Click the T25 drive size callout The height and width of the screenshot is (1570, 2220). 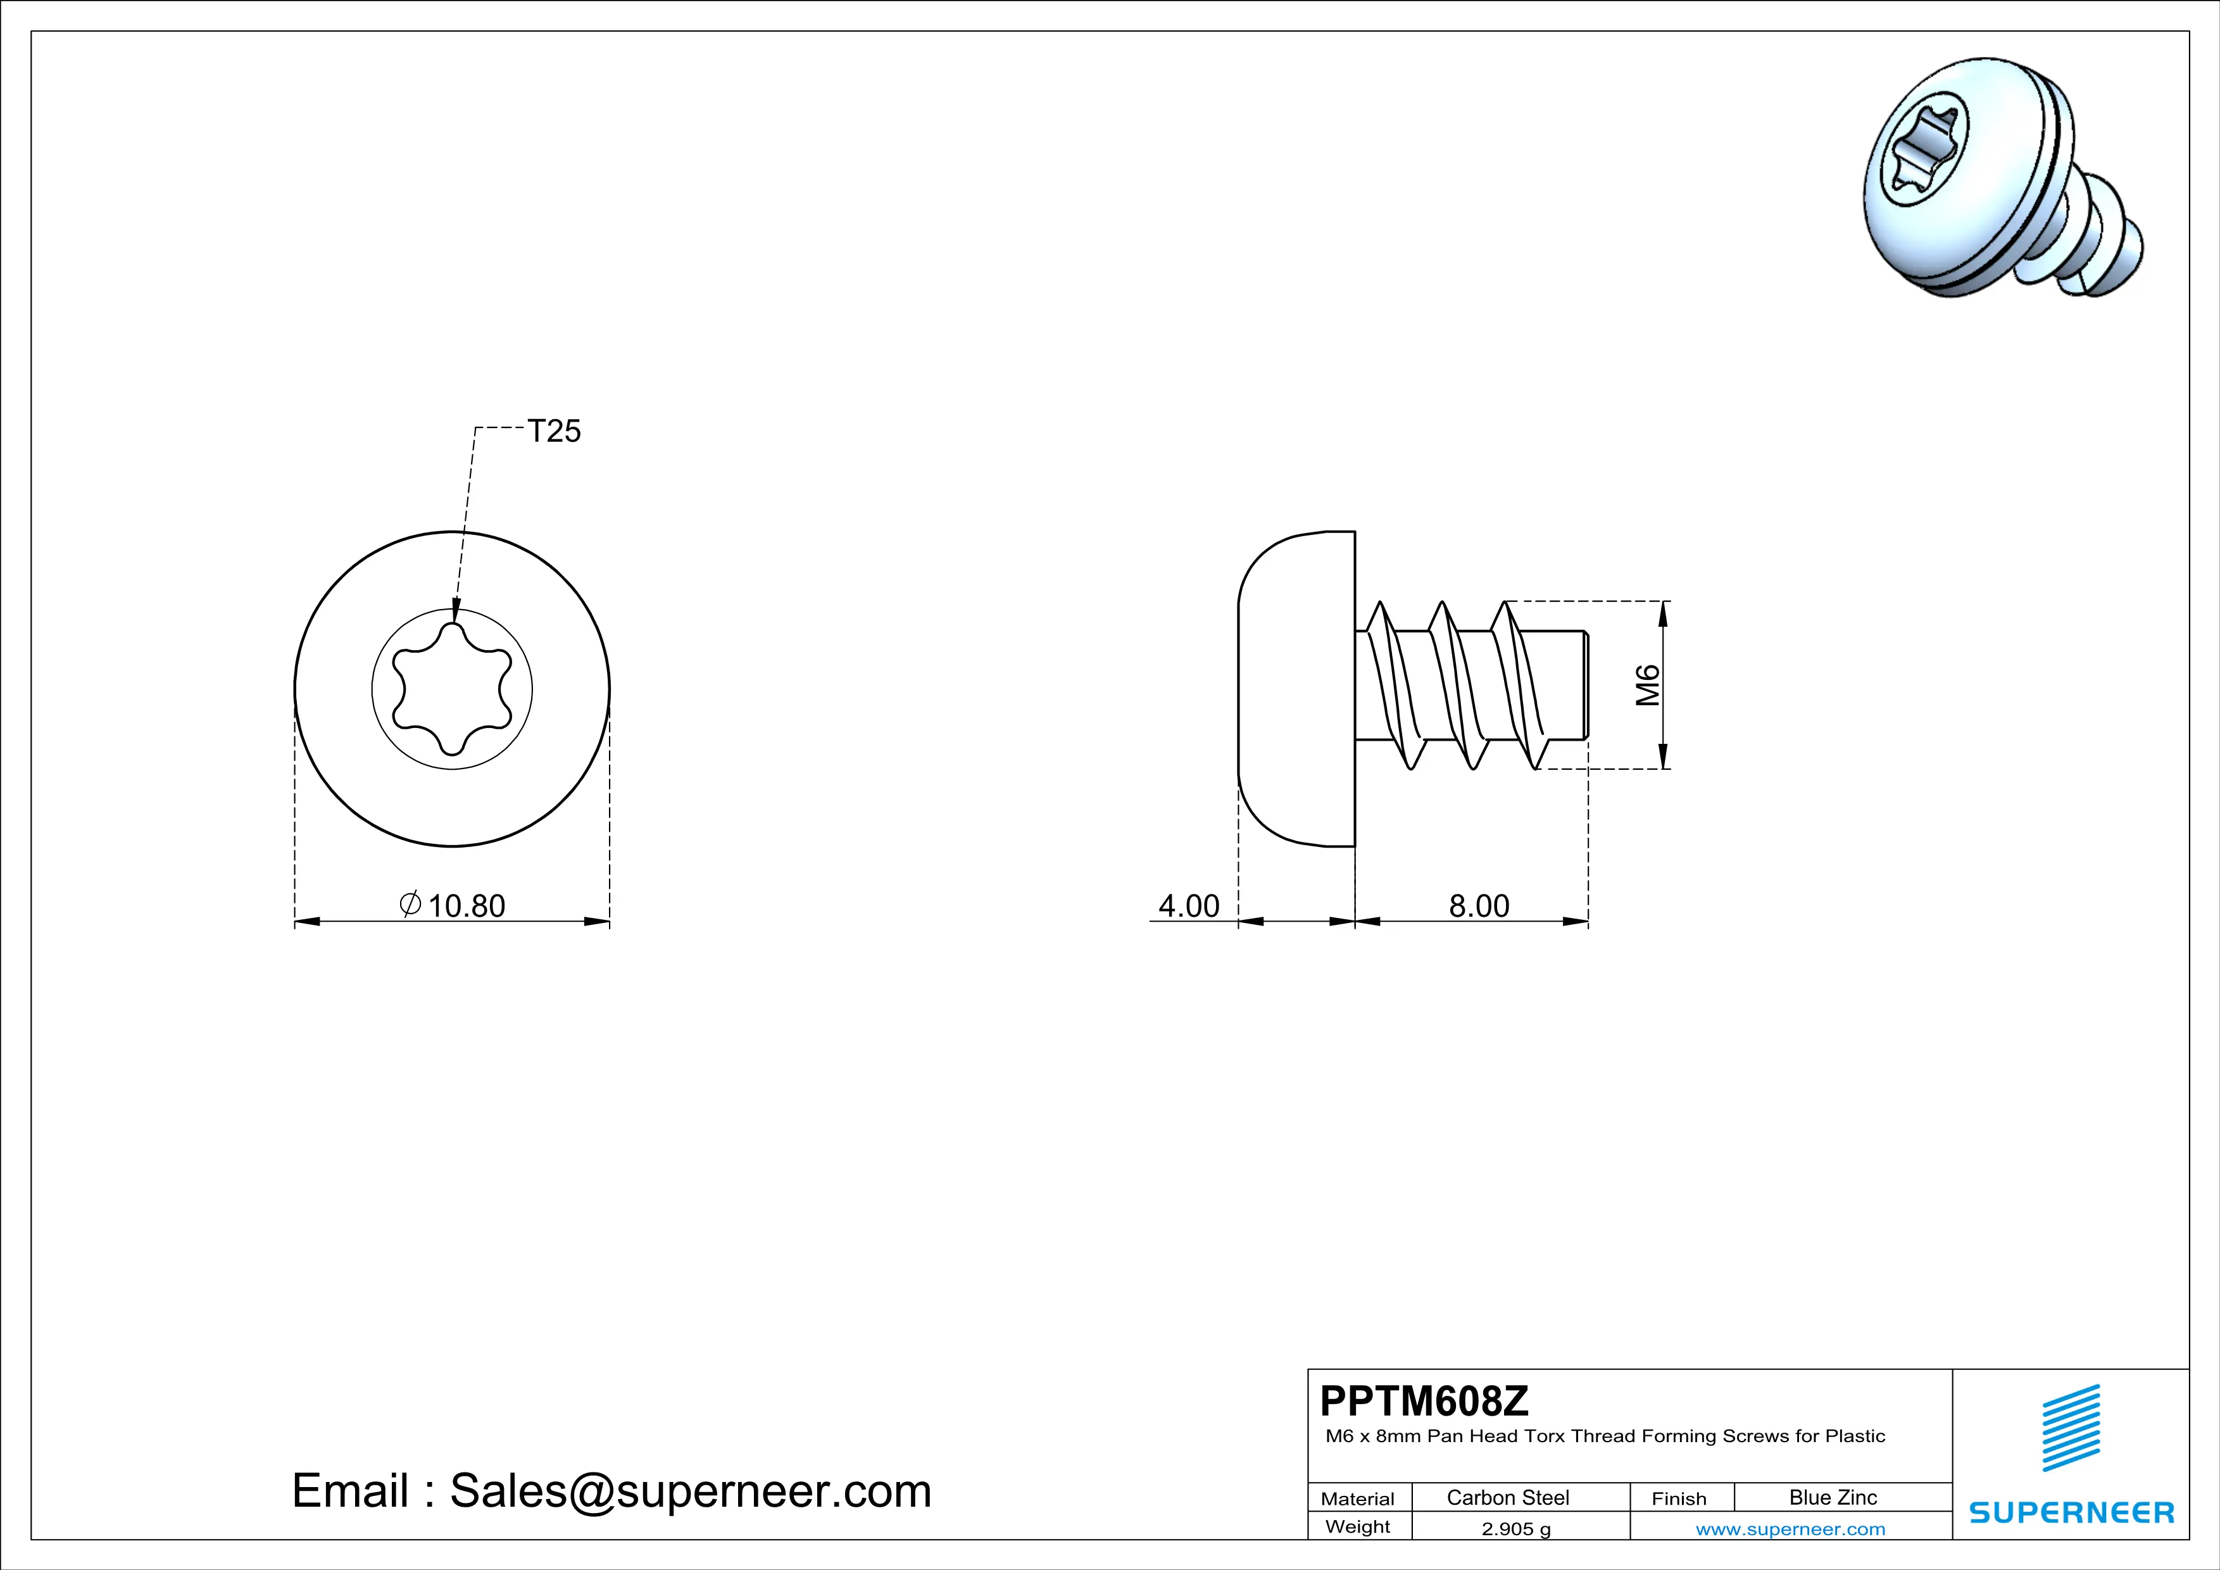coord(554,430)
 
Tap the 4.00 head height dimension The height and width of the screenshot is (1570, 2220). coord(1188,906)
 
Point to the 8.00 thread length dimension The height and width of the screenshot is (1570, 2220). coord(1478,906)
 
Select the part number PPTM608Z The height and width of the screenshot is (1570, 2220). coord(1424,1400)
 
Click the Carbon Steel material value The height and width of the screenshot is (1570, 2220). coord(1507,1497)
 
